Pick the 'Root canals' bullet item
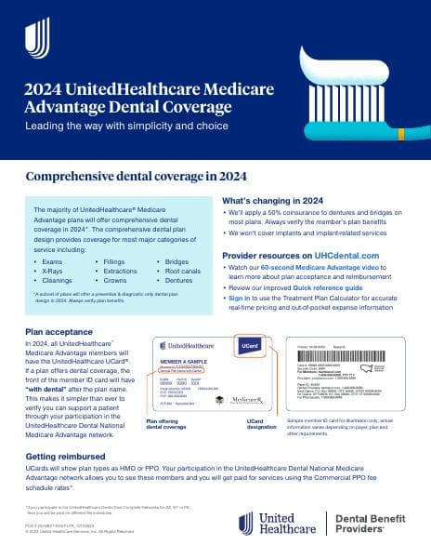(x=184, y=272)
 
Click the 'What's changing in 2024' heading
(x=272, y=201)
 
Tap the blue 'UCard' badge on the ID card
(x=253, y=345)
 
